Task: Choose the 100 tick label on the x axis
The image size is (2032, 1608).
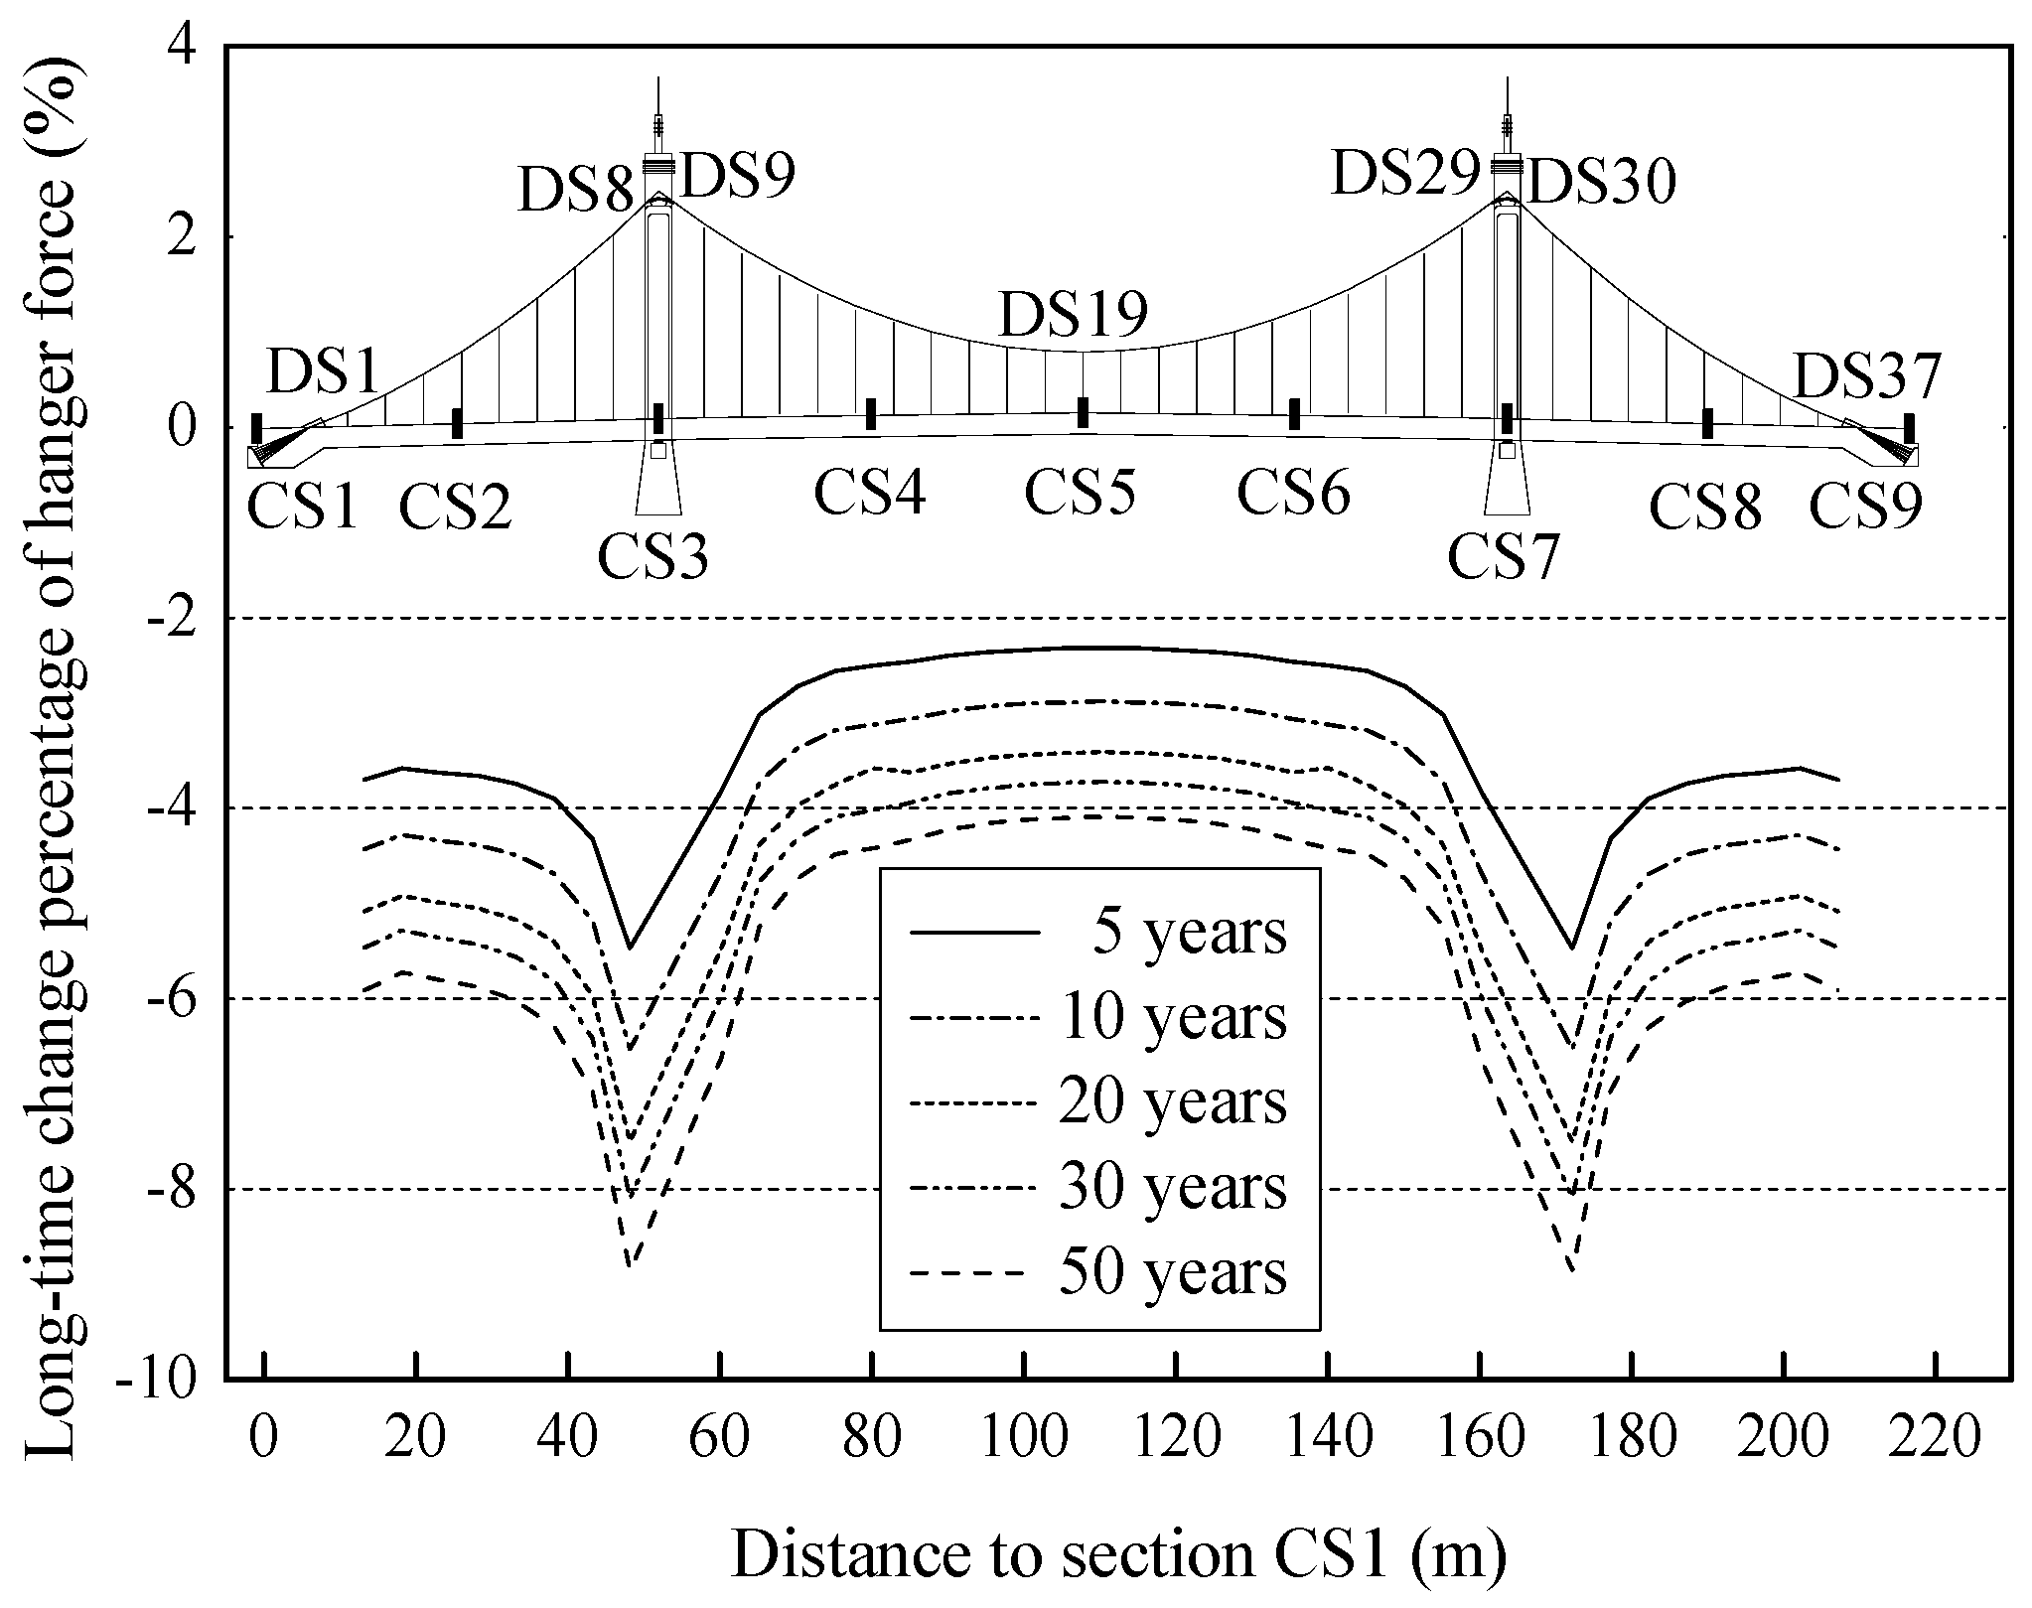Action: (x=1022, y=1439)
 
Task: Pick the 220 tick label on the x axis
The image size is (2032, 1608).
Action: (x=1935, y=1439)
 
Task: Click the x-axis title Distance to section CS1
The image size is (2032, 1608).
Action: (x=1119, y=1556)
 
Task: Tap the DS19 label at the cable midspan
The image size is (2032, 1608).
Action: (x=1074, y=316)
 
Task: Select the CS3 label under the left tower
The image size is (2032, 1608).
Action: (x=653, y=557)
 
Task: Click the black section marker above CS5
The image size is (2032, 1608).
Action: (x=1084, y=413)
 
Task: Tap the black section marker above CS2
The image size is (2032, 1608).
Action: (x=457, y=423)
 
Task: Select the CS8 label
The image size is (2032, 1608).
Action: (x=1705, y=509)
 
